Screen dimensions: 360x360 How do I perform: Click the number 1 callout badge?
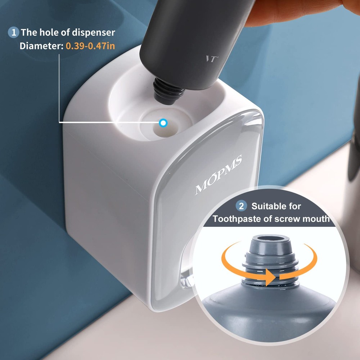point(13,32)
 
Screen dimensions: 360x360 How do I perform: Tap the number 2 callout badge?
point(241,206)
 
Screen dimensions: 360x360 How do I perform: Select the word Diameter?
point(41,46)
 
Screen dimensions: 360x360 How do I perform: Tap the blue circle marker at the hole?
point(163,123)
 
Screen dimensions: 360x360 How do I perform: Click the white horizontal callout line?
point(108,122)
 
